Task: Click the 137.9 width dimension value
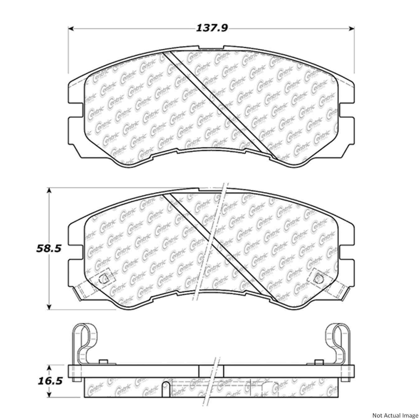pos(212,28)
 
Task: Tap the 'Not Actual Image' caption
pos(395,415)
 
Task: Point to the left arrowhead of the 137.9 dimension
pos(71,29)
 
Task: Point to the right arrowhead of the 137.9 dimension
pos(352,29)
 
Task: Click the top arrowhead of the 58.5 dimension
pos(49,190)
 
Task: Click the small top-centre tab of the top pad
pos(211,48)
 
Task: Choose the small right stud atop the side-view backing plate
pos(318,362)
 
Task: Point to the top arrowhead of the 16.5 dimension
pos(49,367)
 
